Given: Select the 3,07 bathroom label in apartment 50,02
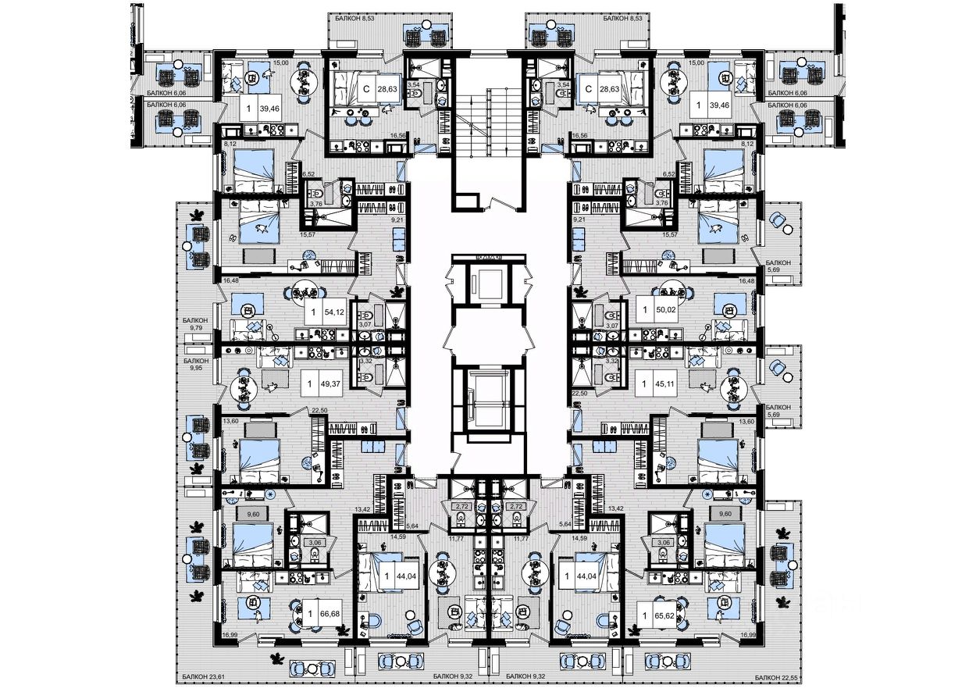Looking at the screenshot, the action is pyautogui.click(x=612, y=324).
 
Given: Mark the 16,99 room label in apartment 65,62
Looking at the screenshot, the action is pyautogui.click(x=747, y=635).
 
